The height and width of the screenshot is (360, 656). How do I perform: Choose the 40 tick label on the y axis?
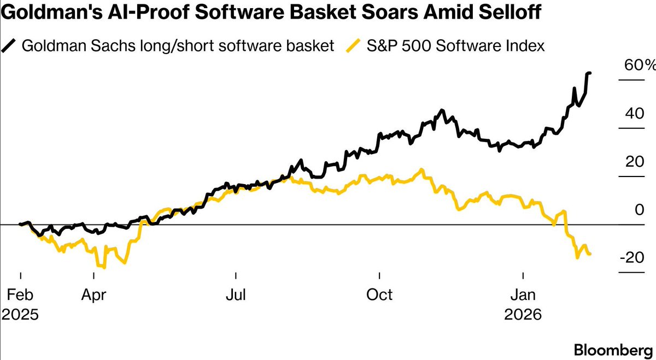click(x=634, y=114)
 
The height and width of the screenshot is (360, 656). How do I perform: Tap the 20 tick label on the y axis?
click(x=634, y=162)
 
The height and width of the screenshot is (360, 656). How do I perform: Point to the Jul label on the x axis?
click(x=236, y=294)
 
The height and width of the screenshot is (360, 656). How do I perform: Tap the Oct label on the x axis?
click(x=379, y=294)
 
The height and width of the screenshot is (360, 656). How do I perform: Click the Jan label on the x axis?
click(x=523, y=294)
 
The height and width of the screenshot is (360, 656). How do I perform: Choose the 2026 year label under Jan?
click(x=523, y=315)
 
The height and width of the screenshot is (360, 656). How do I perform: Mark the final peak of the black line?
click(x=589, y=73)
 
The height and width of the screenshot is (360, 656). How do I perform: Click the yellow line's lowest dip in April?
click(x=104, y=268)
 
